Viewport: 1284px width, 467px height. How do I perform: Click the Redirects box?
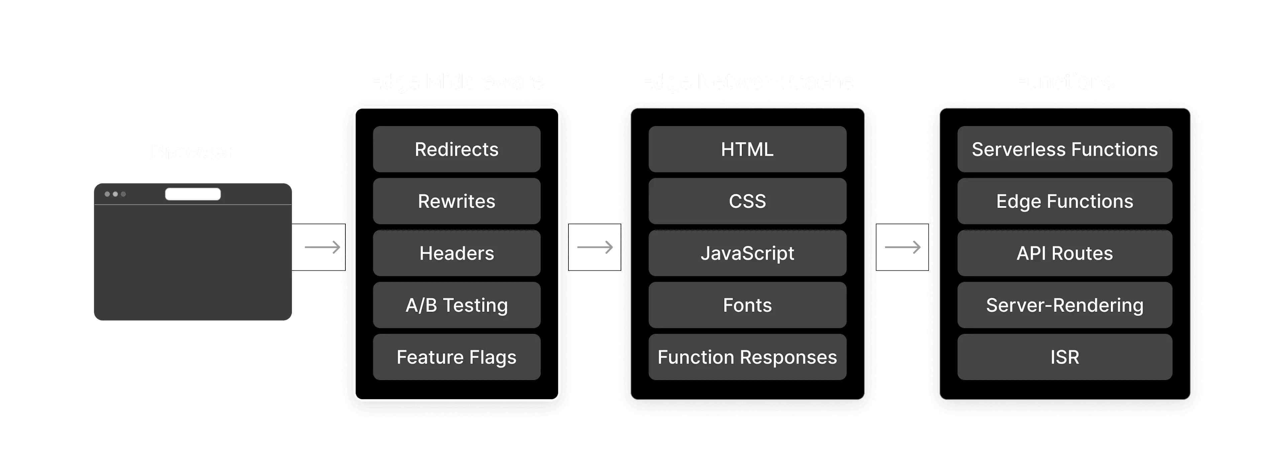[456, 149]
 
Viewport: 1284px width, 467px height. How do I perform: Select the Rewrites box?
[456, 201]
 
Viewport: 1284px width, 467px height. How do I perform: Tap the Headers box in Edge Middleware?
[456, 253]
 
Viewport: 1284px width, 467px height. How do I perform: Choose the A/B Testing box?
[456, 305]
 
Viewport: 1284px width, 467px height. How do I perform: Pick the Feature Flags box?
[456, 357]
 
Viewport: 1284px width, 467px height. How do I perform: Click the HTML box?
[747, 149]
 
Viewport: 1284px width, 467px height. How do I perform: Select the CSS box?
[747, 201]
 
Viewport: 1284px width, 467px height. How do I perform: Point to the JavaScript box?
[747, 253]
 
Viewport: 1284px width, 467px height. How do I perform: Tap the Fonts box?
[747, 305]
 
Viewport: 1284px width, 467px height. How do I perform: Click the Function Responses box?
[747, 357]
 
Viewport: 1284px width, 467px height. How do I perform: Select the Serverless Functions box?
[1065, 149]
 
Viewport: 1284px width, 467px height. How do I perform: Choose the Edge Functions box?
[1065, 201]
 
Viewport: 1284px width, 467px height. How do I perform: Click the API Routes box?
[1065, 253]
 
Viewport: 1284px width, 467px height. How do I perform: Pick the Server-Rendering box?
[1065, 305]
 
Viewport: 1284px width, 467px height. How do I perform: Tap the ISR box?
[1065, 357]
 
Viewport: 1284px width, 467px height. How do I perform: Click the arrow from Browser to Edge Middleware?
[322, 247]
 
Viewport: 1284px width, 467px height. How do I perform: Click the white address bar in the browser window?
[193, 194]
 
